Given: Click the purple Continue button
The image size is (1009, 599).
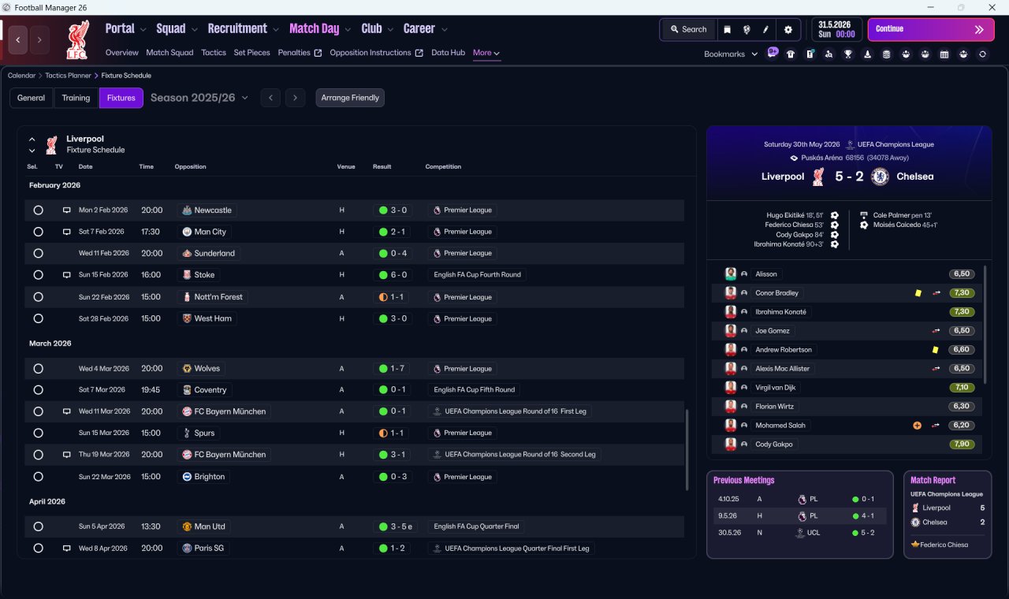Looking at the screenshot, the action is tap(931, 29).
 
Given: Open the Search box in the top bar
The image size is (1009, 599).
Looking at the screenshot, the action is tap(688, 29).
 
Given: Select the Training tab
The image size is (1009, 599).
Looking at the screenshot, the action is tap(76, 98).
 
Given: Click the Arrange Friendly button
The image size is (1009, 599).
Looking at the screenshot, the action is tap(349, 98).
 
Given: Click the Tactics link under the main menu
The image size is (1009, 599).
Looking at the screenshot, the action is tap(214, 53).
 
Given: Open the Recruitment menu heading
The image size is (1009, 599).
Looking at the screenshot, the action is tap(237, 29).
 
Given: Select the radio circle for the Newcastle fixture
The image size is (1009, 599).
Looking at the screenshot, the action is tap(39, 210).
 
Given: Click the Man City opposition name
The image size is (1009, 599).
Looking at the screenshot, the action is tap(210, 232).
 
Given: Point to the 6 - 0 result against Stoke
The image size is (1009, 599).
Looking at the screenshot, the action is tap(399, 275).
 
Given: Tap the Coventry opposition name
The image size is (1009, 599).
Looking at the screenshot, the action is tap(210, 390).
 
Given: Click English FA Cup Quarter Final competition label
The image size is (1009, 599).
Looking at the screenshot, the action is tap(476, 526).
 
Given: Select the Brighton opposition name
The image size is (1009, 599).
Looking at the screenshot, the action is tap(209, 477).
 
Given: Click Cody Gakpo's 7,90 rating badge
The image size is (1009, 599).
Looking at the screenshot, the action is tap(962, 444).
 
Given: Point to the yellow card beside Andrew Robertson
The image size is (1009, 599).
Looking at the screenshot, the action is tap(935, 350).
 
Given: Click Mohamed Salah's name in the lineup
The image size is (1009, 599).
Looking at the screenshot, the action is tap(780, 425).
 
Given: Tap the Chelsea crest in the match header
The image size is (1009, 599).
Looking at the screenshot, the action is tap(880, 177).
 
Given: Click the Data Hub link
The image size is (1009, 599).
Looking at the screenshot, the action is tap(448, 53).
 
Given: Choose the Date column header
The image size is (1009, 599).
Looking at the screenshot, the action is tap(86, 166).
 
